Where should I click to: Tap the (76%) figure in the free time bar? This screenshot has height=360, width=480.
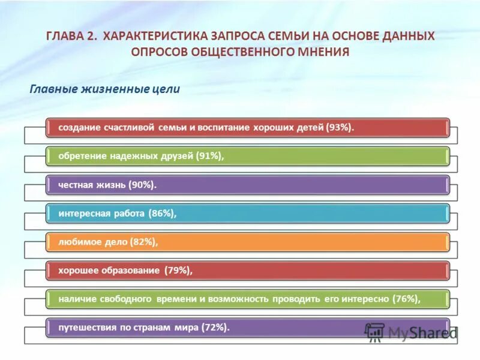point(406,299)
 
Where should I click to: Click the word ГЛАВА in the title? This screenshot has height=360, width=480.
point(63,37)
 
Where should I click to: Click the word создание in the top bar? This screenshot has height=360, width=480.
point(79,128)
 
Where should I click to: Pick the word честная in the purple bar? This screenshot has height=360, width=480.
point(76,185)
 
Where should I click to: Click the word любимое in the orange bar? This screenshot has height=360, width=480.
point(78,242)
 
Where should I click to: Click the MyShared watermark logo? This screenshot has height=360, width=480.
point(411,332)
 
